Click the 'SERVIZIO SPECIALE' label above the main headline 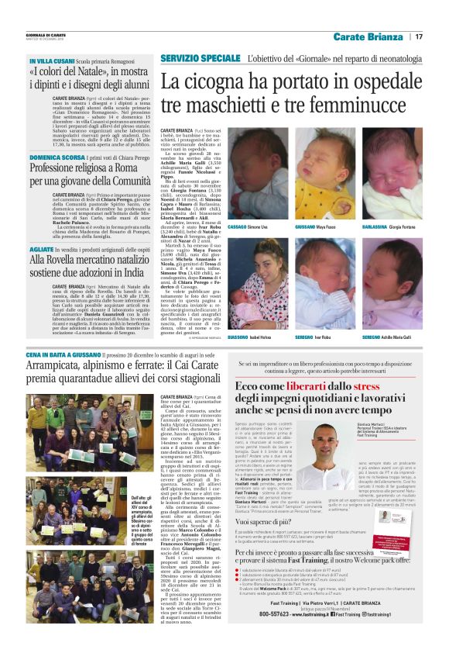pyautogui.click(x=201, y=59)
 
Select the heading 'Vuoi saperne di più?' pyautogui.click(x=263, y=523)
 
